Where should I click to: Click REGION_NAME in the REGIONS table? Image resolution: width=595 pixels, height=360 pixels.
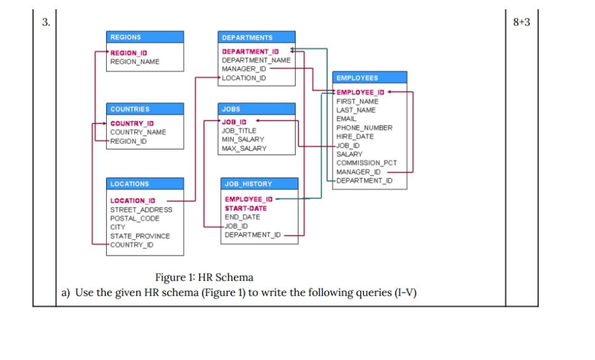point(134,62)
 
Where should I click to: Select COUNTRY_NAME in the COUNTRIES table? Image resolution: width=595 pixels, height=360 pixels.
point(138,132)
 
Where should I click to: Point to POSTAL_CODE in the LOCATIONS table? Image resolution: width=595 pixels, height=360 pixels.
point(134,218)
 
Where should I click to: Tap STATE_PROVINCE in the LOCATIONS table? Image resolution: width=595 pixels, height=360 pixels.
point(140,236)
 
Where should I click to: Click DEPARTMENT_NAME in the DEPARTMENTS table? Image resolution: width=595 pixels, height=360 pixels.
point(256,60)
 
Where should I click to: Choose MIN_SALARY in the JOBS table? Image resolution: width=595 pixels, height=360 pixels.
point(243,139)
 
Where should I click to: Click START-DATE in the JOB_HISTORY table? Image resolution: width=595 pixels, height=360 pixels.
point(246,208)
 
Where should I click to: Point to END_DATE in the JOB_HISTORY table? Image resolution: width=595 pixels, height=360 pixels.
point(242,217)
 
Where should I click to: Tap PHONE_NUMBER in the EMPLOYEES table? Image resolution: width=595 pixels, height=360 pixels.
point(364,128)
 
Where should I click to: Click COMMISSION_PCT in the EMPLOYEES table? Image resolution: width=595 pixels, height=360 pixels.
point(366,163)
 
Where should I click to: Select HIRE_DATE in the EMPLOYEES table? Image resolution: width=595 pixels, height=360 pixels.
point(355,136)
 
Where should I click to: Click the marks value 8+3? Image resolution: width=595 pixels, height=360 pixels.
point(521,23)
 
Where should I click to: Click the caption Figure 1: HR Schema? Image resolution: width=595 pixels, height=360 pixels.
point(204,277)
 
